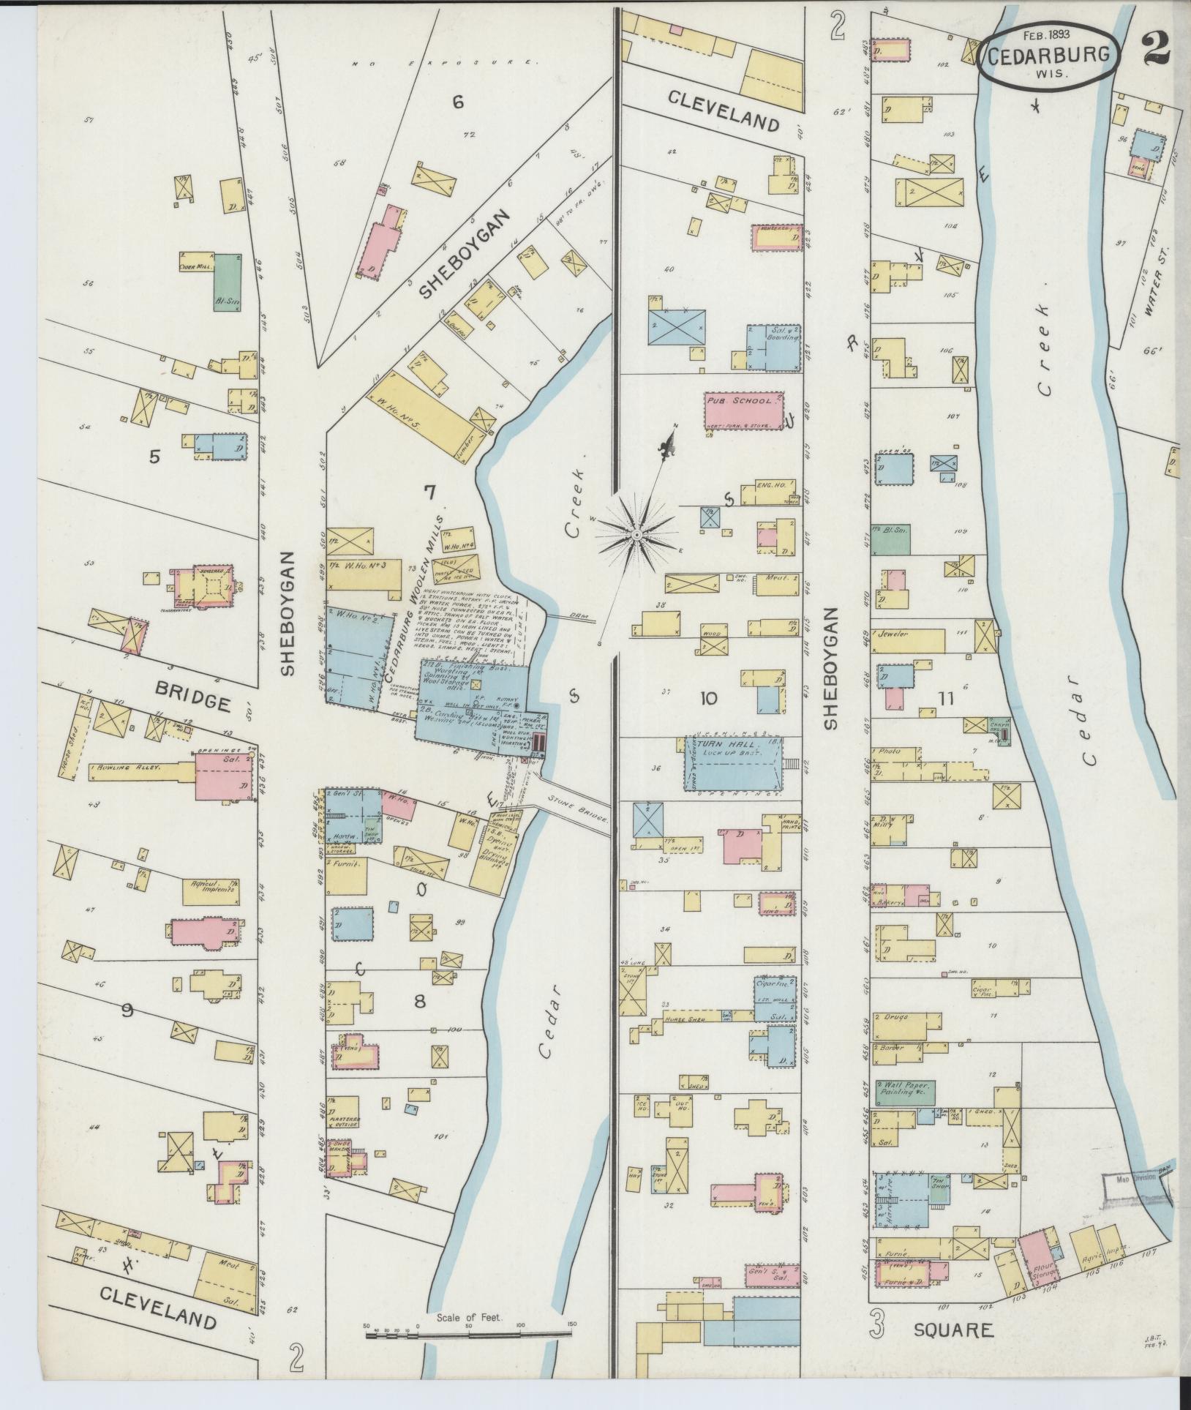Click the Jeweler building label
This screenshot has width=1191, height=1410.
pos(894,634)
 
